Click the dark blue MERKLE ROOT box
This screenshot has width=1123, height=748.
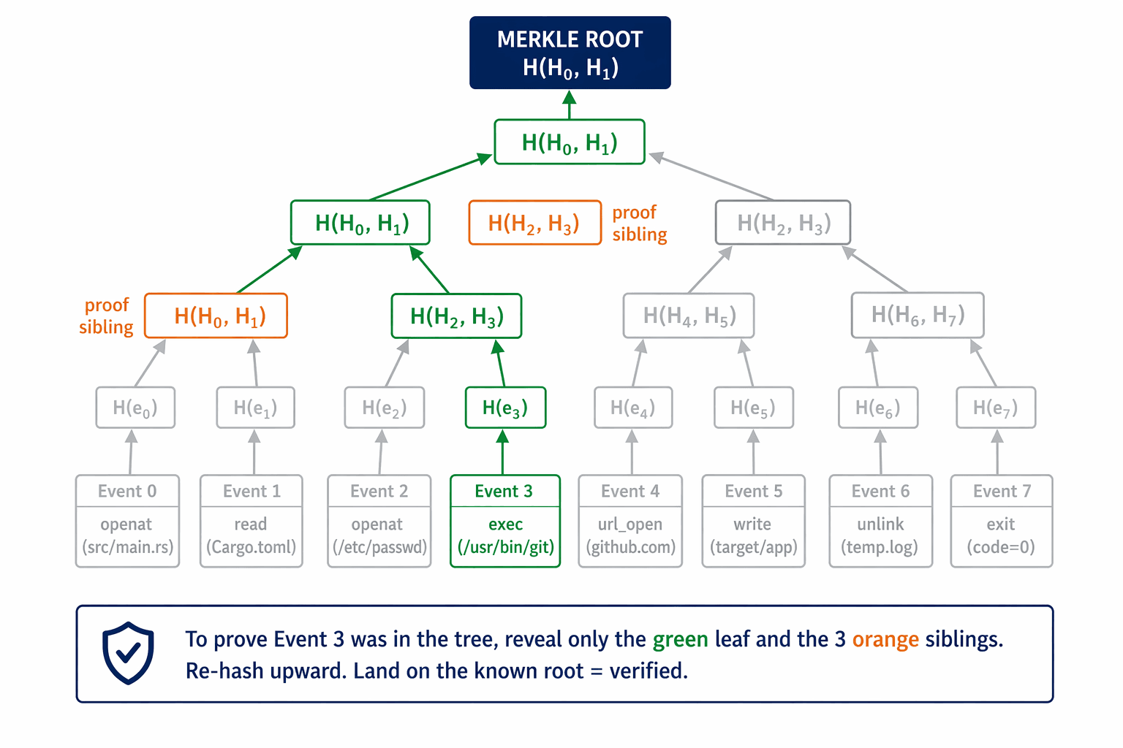(570, 53)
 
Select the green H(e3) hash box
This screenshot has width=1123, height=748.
(505, 408)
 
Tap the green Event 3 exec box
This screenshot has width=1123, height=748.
(505, 521)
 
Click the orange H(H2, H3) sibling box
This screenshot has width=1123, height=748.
(534, 223)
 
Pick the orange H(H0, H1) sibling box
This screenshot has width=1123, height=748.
(216, 316)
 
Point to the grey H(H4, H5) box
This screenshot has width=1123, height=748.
(688, 316)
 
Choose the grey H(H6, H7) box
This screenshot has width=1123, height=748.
(917, 316)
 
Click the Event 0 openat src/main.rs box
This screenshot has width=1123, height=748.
(127, 521)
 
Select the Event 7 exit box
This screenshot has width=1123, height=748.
(1001, 521)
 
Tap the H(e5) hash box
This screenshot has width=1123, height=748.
(753, 408)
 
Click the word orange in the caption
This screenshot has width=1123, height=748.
(885, 639)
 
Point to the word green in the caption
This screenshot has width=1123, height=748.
(680, 639)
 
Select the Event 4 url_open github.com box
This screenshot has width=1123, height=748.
(630, 521)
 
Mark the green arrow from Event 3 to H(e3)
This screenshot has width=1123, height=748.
(502, 452)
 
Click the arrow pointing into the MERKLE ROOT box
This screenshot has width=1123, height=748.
(570, 105)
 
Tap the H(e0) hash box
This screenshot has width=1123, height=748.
(135, 408)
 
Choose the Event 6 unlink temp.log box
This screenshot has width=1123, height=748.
(880, 521)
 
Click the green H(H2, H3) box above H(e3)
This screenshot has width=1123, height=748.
(456, 316)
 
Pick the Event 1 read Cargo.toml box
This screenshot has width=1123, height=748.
(252, 521)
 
